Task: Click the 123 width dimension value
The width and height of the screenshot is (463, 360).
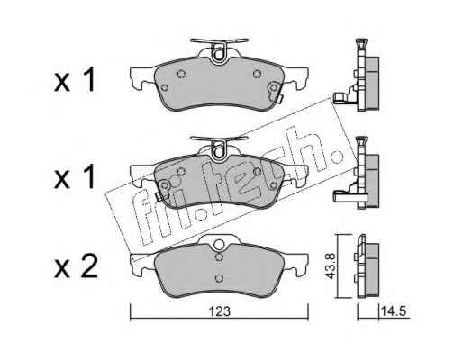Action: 220,311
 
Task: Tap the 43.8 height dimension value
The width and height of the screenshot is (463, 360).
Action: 331,266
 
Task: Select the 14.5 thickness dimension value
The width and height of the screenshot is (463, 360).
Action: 394,311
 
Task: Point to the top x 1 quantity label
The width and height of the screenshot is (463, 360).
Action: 75,79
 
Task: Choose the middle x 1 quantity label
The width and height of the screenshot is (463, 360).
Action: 75,177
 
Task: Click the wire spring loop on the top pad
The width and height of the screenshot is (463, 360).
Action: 219,54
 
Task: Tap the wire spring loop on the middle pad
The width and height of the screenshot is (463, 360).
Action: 219,152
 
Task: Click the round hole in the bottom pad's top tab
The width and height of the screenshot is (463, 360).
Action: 220,245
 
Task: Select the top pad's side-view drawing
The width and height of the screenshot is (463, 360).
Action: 358,75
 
